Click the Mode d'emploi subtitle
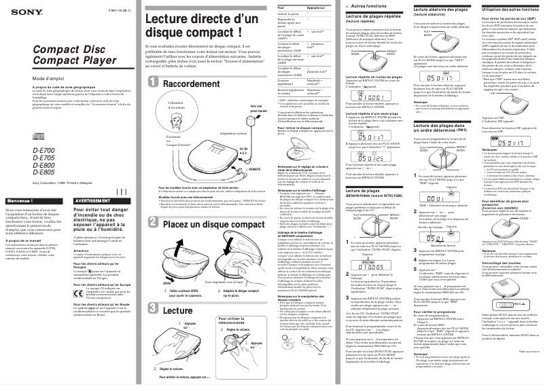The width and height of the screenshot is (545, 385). pyautogui.click(x=29, y=79)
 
